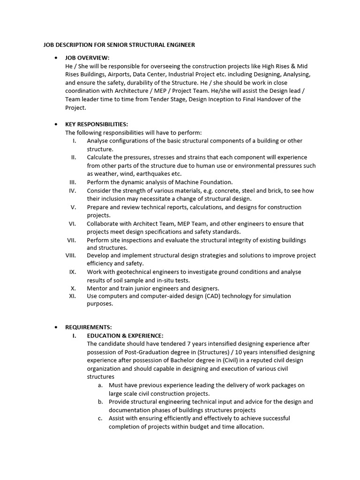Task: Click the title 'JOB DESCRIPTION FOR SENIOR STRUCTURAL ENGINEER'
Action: pos(119,45)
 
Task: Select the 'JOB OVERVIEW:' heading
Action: pos(87,58)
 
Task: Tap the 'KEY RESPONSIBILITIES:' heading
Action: pos(97,124)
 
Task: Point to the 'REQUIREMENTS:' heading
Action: pos(89,327)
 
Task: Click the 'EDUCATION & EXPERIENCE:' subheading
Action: pos(125,336)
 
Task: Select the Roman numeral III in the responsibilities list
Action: pos(73,182)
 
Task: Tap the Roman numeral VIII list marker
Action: pos(71,255)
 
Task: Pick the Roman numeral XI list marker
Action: pos(73,296)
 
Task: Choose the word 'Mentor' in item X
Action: pos(97,288)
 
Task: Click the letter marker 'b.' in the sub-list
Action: pos(100,402)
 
